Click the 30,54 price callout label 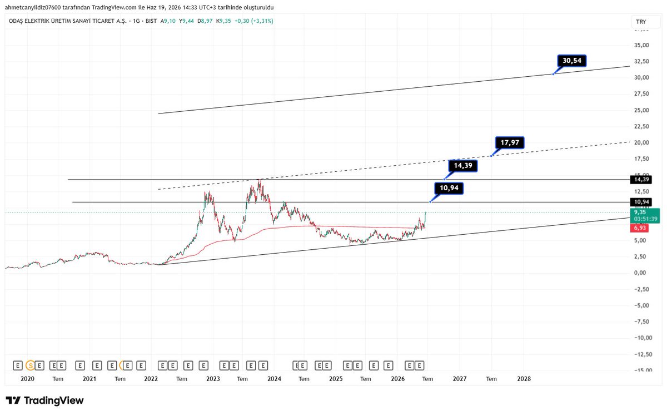pos(572,61)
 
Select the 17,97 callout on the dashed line pos(510,143)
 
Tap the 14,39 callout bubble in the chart pos(463,166)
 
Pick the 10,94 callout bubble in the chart pos(449,188)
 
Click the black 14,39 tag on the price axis pos(641,179)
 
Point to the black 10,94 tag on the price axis pos(641,202)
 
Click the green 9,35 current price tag pos(645,215)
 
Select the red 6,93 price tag pos(640,228)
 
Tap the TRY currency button pos(641,22)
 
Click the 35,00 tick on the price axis pos(641,45)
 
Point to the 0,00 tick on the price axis pos(640,273)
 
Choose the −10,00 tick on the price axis pos(643,338)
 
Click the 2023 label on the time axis pos(213,379)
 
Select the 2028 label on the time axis pos(524,379)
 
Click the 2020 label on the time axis pos(27,379)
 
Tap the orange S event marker pos(30,365)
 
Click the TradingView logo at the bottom pos(44,400)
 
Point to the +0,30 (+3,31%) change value pos(253,21)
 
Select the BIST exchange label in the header pos(151,21)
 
